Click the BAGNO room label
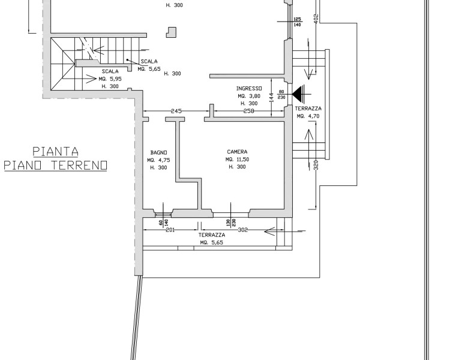158,152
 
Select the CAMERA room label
237,152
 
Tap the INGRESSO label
249,88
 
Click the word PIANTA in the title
55,152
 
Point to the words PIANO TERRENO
55,166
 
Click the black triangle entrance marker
298,94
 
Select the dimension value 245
176,111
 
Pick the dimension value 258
249,111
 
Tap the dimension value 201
170,230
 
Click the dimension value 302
242,230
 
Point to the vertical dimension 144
272,97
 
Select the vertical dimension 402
316,17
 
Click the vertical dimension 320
316,166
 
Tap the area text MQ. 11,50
237,159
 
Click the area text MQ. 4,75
158,160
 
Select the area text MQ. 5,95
110,79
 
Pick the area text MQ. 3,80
249,96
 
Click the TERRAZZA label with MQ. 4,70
308,109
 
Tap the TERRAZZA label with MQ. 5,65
212,235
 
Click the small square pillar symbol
172,32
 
